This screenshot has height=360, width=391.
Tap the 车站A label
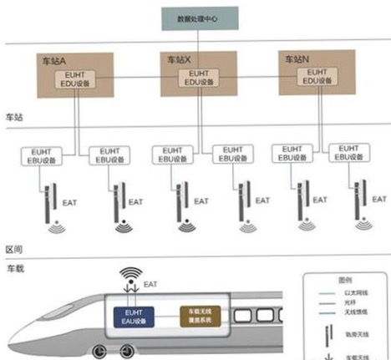53,62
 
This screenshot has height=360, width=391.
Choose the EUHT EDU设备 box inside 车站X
195,79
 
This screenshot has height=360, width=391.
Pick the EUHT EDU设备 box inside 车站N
313,77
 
